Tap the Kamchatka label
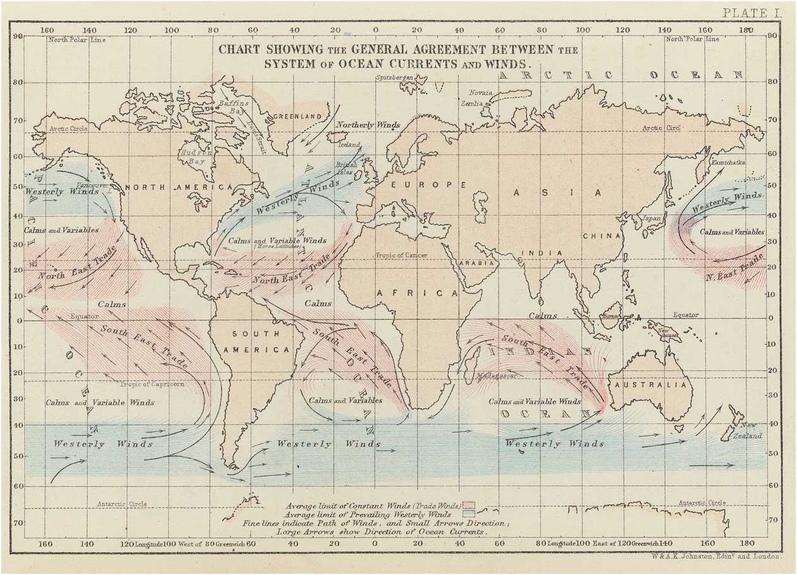point(729,163)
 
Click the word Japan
point(651,218)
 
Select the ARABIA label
point(476,263)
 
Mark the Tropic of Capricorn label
point(152,384)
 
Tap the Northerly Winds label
point(368,125)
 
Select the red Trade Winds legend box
point(469,505)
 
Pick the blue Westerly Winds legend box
point(469,514)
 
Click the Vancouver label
point(93,185)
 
